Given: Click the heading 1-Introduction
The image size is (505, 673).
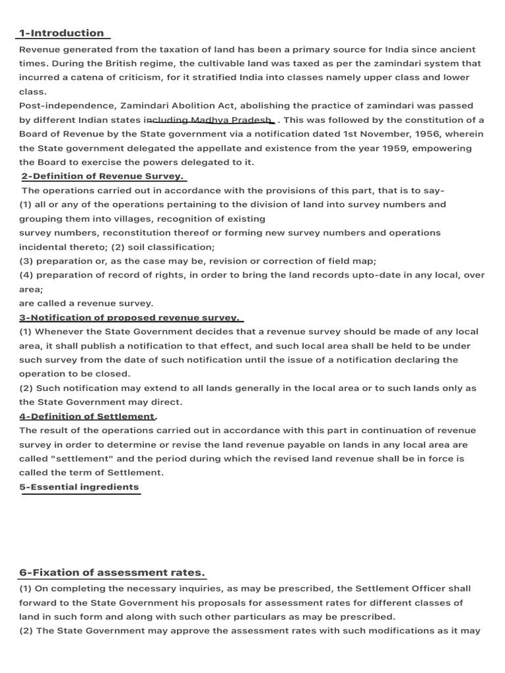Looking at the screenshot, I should click(x=61, y=33).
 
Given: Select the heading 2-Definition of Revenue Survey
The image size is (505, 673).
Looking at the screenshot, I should click(x=103, y=176).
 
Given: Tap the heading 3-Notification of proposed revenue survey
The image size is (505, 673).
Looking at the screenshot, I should click(x=128, y=318).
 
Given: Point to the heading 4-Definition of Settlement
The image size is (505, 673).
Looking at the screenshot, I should click(x=87, y=417).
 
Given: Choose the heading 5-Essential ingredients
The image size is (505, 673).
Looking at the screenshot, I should click(x=79, y=487).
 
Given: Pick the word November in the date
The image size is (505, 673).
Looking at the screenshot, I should click(x=386, y=134).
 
